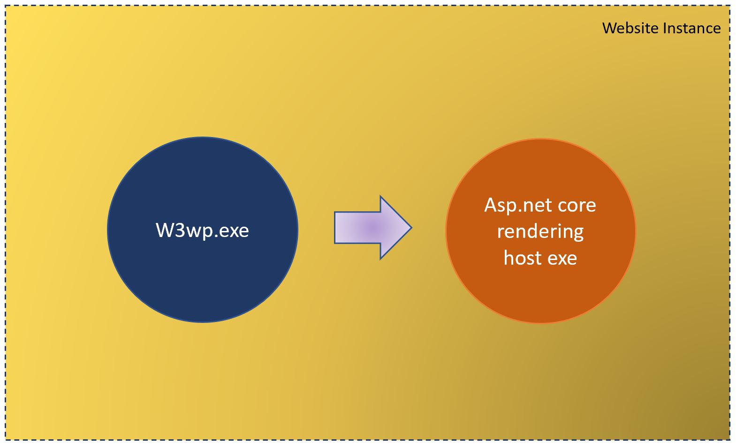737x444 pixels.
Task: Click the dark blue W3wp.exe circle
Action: coord(203,230)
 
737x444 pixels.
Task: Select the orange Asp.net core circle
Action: coord(540,231)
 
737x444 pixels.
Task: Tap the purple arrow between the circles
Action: coord(373,228)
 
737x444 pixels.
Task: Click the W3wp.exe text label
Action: coord(202,230)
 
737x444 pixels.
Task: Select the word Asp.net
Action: coord(514,205)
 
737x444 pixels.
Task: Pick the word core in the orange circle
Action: coord(572,206)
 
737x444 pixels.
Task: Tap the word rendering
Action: coord(540,232)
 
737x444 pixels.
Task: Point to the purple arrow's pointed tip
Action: coord(411,228)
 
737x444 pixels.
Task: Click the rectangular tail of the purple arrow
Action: coord(357,228)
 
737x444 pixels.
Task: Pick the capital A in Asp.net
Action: coord(490,205)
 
